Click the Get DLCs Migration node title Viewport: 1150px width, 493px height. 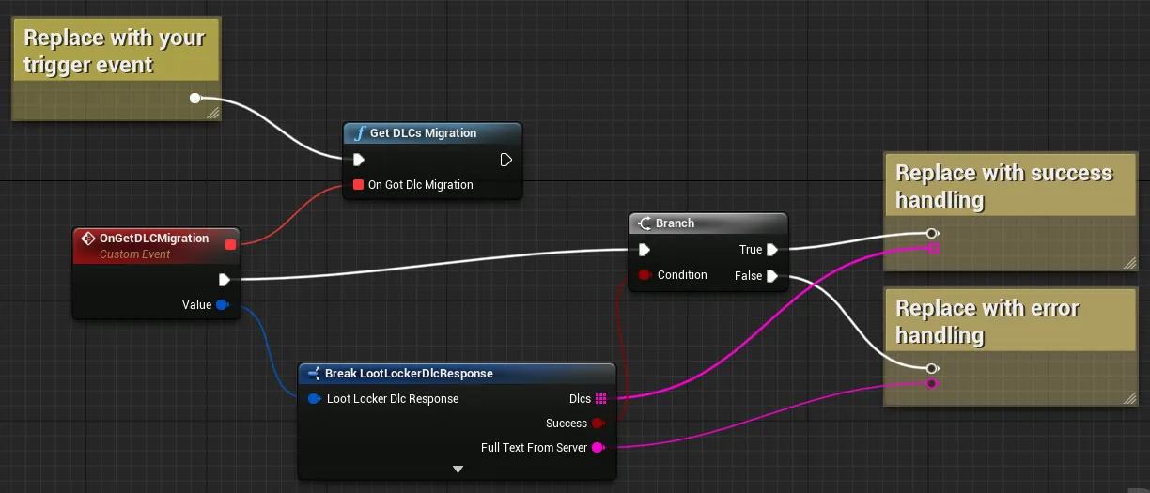click(x=423, y=132)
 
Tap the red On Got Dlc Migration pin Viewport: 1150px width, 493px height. click(x=358, y=185)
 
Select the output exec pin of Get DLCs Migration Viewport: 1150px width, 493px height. click(x=505, y=160)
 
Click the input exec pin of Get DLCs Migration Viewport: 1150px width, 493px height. click(x=359, y=160)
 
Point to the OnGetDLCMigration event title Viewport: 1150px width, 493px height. click(x=154, y=238)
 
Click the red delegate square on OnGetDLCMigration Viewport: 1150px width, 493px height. click(x=230, y=245)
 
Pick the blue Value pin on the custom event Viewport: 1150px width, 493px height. click(x=223, y=305)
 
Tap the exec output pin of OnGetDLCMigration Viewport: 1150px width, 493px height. click(x=224, y=280)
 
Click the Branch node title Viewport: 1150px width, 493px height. click(x=675, y=223)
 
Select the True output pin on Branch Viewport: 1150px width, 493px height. click(x=772, y=250)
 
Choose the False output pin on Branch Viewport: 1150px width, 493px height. click(x=772, y=276)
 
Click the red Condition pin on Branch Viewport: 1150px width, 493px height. click(x=645, y=275)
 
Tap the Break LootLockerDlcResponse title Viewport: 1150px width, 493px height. click(x=409, y=374)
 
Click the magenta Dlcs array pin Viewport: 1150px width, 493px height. click(x=600, y=398)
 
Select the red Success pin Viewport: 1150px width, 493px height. click(x=598, y=424)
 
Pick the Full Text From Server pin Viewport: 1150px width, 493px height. click(x=598, y=447)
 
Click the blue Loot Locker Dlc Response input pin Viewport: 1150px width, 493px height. click(x=314, y=398)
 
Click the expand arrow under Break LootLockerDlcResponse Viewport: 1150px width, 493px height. click(x=458, y=470)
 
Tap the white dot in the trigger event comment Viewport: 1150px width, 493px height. click(x=195, y=98)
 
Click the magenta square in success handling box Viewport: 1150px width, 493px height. click(x=933, y=249)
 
